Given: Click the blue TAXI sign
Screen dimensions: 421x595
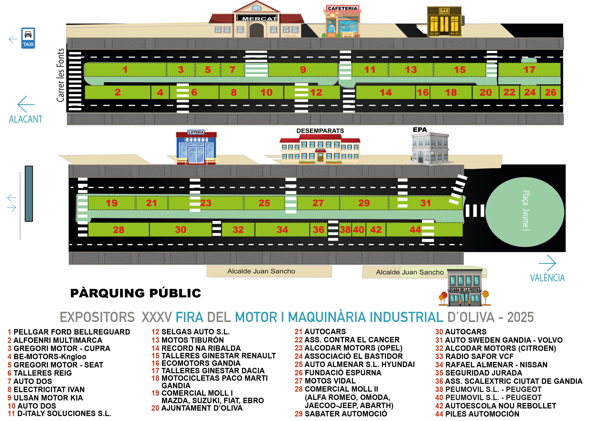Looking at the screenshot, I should pyautogui.click(x=28, y=38).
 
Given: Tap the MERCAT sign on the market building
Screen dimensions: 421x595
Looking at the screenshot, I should pyautogui.click(x=257, y=18).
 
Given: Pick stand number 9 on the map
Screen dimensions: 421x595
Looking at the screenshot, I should pyautogui.click(x=303, y=70).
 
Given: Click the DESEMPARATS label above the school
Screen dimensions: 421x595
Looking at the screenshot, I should pyautogui.click(x=320, y=131).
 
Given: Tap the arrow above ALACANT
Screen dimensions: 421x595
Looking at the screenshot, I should pyautogui.click(x=26, y=104).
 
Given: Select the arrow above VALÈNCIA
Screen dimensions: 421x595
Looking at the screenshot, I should pyautogui.click(x=547, y=263).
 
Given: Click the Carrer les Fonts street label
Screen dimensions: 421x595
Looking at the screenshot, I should pyautogui.click(x=60, y=75).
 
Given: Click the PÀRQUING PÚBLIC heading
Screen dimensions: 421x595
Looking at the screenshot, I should pyautogui.click(x=136, y=293).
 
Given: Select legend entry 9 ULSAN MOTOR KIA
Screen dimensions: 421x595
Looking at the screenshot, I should pyautogui.click(x=45, y=398).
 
